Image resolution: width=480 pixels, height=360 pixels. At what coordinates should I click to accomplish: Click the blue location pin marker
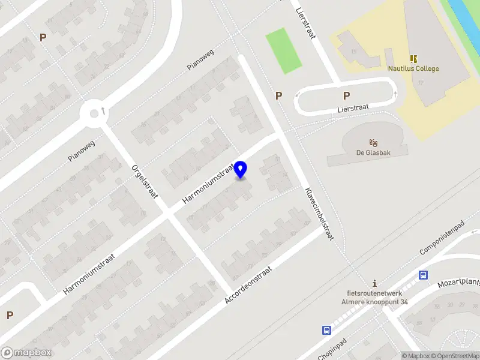[x=241, y=169]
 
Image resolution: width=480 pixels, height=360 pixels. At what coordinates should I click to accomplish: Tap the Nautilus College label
[x=413, y=68]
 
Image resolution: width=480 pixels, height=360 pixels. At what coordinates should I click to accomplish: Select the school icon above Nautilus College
[x=413, y=58]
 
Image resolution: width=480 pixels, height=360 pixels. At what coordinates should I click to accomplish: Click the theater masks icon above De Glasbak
[x=374, y=142]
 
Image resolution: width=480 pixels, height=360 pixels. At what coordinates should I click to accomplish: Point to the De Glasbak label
[x=374, y=152]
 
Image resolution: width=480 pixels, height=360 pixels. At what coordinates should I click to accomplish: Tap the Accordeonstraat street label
[x=248, y=284]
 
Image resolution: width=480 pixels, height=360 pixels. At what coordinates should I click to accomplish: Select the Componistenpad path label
[x=443, y=236]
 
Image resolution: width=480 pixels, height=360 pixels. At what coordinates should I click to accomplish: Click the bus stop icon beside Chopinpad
[x=326, y=330]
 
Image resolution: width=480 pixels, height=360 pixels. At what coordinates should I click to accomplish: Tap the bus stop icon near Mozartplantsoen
[x=423, y=275]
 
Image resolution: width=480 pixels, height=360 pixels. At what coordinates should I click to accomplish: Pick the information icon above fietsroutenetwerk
[x=374, y=283]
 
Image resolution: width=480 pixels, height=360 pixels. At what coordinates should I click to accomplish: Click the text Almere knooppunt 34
[x=374, y=301]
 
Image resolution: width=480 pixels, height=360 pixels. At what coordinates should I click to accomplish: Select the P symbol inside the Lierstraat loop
[x=346, y=95]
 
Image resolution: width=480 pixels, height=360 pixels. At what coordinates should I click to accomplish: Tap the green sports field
[x=283, y=50]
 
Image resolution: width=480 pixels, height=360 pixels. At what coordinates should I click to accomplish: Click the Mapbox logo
[x=26, y=353]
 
